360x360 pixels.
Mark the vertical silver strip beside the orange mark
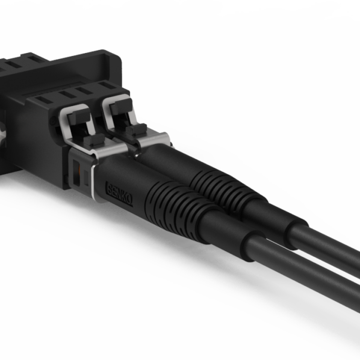(x=90, y=181)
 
